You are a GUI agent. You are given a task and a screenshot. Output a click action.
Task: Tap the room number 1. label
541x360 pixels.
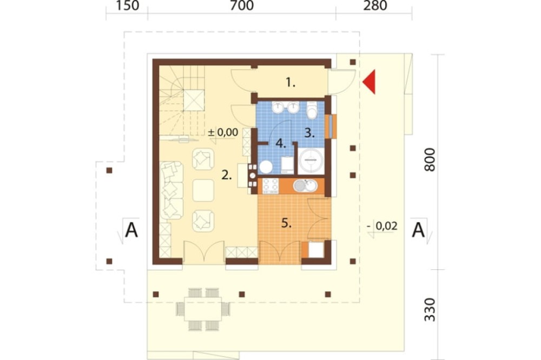point(291,82)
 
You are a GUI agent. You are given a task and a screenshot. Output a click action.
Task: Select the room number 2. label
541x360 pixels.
point(226,175)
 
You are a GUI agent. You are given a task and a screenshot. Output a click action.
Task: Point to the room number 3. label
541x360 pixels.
point(309,133)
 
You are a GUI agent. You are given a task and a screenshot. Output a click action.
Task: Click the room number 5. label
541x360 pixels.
point(286,223)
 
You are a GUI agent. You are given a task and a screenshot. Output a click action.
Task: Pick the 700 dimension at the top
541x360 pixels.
point(241,5)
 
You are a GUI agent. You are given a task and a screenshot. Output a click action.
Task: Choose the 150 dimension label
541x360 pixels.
point(127,5)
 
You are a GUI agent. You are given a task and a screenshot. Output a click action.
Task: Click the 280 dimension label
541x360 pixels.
point(375,5)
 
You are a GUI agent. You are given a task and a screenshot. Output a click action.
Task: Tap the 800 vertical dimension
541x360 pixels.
point(430,159)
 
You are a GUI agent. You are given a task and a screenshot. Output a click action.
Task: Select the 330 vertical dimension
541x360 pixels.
point(430,310)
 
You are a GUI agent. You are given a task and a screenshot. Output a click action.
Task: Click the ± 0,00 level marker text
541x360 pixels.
point(223,132)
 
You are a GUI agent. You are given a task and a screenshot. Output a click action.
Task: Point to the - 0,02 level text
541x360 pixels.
point(382,226)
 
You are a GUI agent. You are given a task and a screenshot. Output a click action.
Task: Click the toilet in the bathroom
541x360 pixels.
point(312,110)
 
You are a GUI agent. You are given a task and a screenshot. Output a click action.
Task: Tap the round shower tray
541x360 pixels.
point(311,161)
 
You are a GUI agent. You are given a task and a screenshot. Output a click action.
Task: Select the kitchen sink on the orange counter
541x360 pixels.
point(305,185)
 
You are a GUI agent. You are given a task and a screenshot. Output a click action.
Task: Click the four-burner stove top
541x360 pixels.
point(270,185)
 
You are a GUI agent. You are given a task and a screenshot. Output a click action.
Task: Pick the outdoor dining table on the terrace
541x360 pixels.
point(203,309)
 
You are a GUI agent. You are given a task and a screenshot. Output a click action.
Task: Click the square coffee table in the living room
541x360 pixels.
point(203,190)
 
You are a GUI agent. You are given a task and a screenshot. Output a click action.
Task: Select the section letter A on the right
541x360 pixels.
point(418,230)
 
